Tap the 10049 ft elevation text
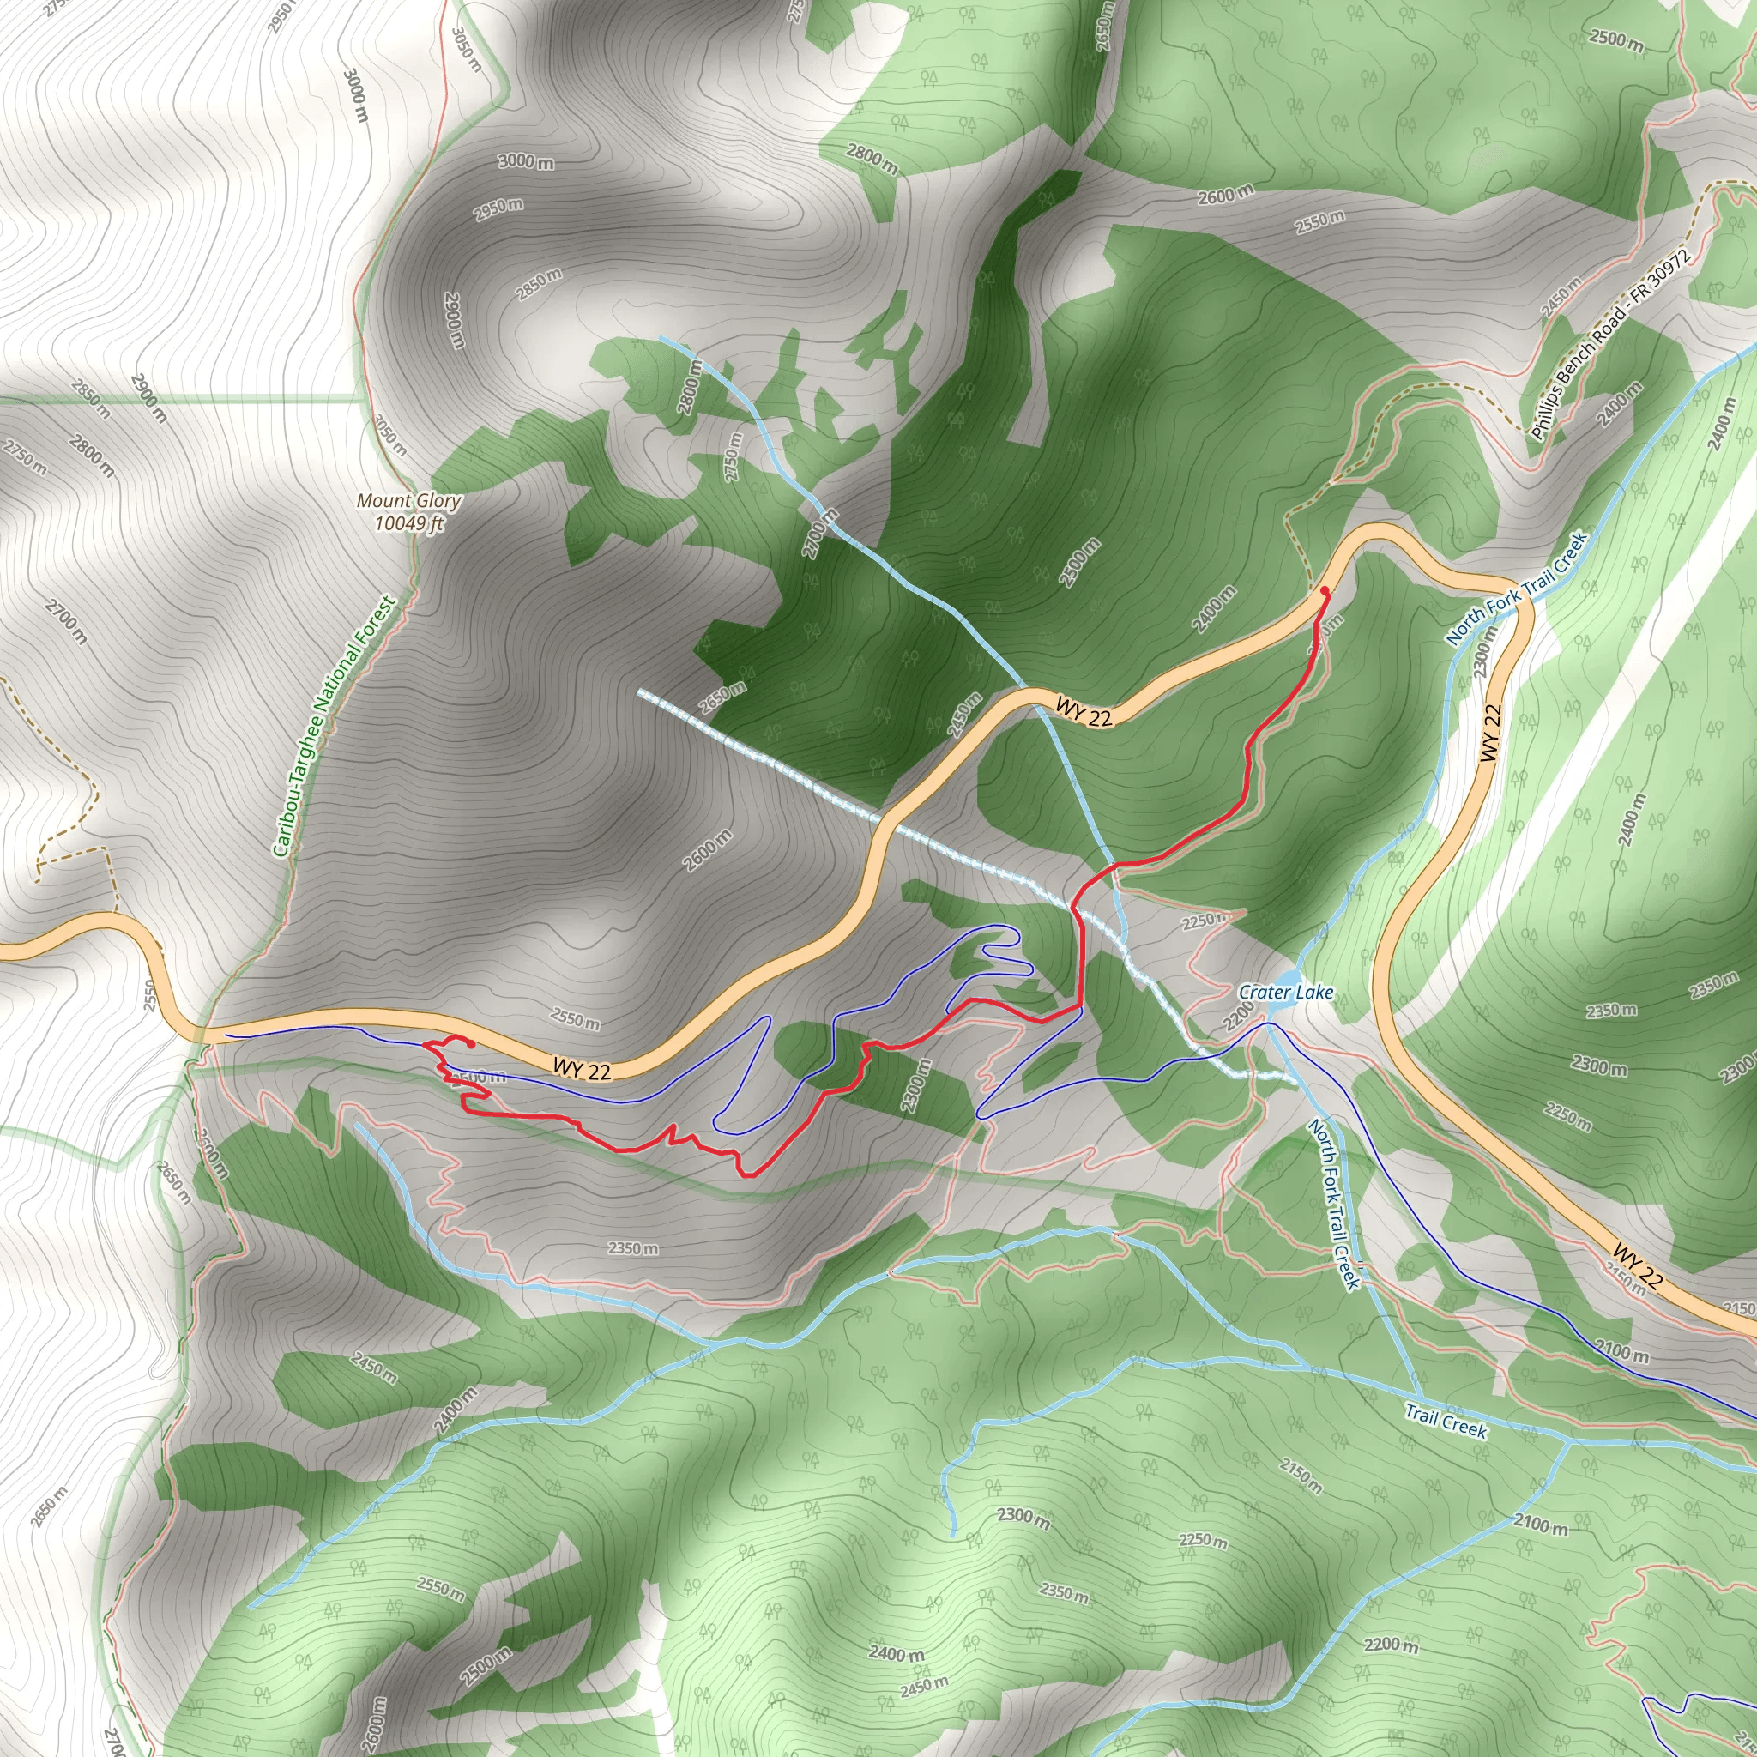pyautogui.click(x=409, y=523)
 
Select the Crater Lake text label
pyautogui.click(x=1286, y=993)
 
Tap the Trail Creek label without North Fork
pyautogui.click(x=1446, y=1421)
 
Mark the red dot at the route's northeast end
pyautogui.click(x=1324, y=591)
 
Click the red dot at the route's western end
pyautogui.click(x=470, y=1044)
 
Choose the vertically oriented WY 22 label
pyautogui.click(x=1490, y=733)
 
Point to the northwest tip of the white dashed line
pyautogui.click(x=641, y=693)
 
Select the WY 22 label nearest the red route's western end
pyautogui.click(x=582, y=1069)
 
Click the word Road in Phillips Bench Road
pyautogui.click(x=1612, y=319)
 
